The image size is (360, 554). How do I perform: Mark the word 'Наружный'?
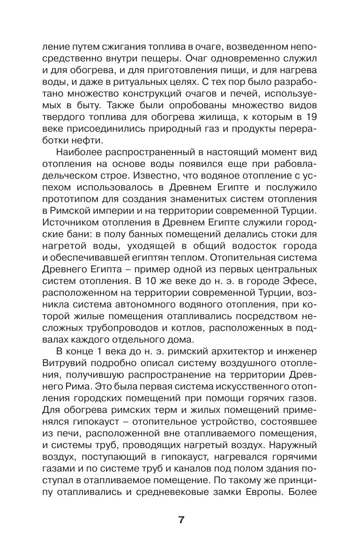tap(294, 438)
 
